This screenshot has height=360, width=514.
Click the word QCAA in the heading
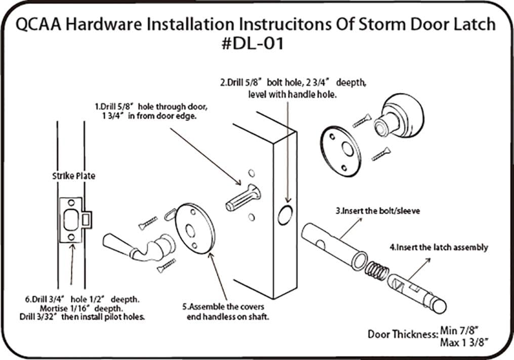click(x=40, y=24)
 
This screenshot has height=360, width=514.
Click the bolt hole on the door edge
click(x=285, y=214)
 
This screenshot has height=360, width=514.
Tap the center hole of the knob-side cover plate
click(x=347, y=150)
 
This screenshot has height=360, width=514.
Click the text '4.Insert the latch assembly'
click(x=438, y=247)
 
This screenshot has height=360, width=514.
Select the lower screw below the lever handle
click(x=166, y=265)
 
